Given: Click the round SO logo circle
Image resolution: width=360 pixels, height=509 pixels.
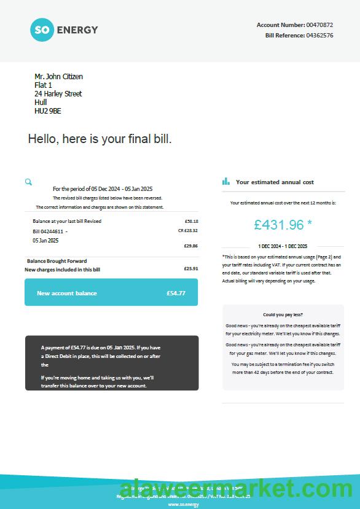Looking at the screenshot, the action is [42, 29].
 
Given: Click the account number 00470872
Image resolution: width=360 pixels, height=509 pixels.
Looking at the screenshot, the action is [319, 25].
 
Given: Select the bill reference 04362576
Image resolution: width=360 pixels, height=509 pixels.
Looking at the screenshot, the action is [319, 36].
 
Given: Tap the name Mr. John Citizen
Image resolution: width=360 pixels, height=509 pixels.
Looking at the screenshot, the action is [58, 77].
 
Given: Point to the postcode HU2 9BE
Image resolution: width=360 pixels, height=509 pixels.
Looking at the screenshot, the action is [47, 111].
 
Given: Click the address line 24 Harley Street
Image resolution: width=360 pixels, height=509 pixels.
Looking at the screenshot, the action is [58, 94].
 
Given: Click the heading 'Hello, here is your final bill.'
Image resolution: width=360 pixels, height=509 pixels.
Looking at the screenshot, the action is [100, 139].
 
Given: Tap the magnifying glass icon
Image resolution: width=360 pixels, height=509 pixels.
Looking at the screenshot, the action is [28, 182].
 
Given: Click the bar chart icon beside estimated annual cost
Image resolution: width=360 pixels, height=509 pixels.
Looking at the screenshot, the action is [225, 182].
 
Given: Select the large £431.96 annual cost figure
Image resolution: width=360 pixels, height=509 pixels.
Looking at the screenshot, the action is [280, 225].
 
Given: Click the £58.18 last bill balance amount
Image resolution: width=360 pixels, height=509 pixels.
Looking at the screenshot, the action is [191, 221].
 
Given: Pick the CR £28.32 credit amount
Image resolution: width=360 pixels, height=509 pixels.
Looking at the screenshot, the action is [187, 230].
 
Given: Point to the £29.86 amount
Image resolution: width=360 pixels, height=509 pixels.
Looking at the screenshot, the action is [191, 246].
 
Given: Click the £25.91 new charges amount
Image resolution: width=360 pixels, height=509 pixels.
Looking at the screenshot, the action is [191, 268].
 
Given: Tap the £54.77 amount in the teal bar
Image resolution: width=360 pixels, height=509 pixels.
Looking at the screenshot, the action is [176, 293].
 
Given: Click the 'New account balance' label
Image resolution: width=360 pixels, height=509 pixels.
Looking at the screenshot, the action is [66, 293].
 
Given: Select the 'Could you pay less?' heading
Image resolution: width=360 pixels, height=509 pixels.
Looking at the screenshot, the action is [283, 314].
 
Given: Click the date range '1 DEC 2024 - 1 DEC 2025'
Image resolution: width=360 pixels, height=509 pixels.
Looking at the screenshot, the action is [283, 246].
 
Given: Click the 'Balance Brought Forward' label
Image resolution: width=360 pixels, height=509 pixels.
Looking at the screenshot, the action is [57, 261].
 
